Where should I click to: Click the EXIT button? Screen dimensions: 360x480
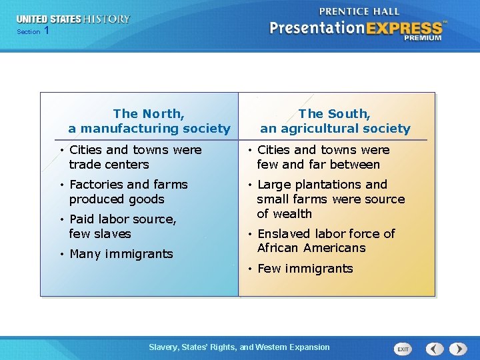[403, 349]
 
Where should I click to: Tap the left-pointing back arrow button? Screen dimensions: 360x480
[435, 349]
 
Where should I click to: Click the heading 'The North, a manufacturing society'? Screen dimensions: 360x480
[149, 121]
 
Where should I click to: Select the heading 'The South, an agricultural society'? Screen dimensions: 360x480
[335, 121]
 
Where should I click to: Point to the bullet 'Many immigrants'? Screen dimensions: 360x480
[121, 254]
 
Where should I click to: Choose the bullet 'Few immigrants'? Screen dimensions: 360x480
[305, 269]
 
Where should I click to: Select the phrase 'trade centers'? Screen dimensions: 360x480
[109, 165]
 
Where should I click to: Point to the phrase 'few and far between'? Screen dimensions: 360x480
[318, 165]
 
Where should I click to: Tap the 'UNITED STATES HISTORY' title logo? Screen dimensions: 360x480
[73, 19]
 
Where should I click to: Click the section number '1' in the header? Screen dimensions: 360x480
[46, 31]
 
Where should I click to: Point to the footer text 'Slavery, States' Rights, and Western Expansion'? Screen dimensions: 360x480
[239, 347]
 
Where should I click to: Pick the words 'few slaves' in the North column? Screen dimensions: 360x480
[100, 234]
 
